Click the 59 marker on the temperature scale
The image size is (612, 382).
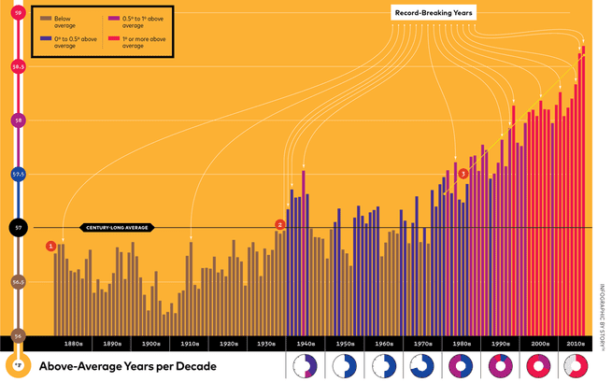[x=17, y=12]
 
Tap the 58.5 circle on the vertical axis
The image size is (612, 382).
[x=17, y=66]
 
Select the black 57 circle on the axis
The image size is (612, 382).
[x=17, y=227]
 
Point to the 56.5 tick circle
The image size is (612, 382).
[x=17, y=281]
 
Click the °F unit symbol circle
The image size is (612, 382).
[x=17, y=364]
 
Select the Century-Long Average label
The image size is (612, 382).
[x=117, y=227]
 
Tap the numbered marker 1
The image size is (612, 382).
[x=50, y=246]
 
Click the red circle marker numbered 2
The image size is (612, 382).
[x=279, y=224]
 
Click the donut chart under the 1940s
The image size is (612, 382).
[x=305, y=366]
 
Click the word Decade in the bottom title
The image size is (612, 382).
[x=194, y=366]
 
